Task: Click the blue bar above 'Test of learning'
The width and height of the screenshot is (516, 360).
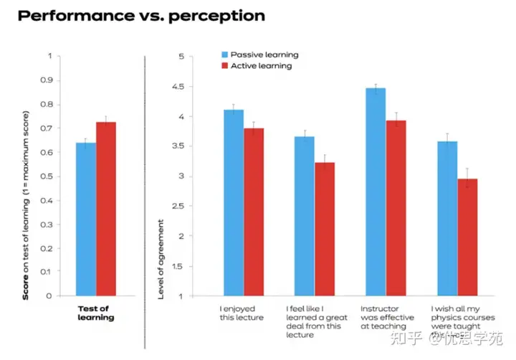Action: tap(86, 219)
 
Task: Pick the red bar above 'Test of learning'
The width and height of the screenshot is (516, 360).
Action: tap(106, 208)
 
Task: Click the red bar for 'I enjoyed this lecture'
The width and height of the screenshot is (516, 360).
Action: tap(253, 212)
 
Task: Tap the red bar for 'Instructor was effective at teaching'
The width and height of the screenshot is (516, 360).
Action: tap(396, 208)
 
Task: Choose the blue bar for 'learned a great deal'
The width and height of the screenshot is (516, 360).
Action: tap(305, 215)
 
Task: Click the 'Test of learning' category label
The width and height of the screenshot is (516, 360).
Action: tap(95, 313)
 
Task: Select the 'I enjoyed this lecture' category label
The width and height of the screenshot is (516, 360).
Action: tap(242, 313)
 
